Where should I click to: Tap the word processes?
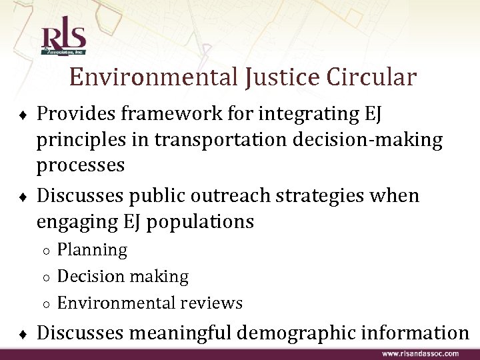[80, 165]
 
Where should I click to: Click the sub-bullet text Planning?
[92, 250]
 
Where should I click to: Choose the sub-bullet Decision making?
[123, 276]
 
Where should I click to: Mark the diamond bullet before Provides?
[25, 115]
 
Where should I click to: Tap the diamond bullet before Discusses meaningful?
[25, 333]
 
